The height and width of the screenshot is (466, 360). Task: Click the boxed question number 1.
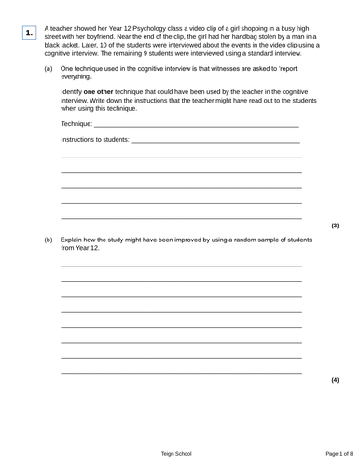click(30, 34)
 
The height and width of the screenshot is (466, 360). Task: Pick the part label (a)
click(48, 69)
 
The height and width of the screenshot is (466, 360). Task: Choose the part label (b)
click(48, 240)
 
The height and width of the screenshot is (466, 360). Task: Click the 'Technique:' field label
click(76, 124)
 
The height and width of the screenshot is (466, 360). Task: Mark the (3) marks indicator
click(335, 226)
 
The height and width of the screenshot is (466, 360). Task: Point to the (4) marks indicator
click(335, 380)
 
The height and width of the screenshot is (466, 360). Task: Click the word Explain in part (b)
click(73, 240)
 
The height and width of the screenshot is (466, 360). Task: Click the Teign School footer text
click(176, 453)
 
